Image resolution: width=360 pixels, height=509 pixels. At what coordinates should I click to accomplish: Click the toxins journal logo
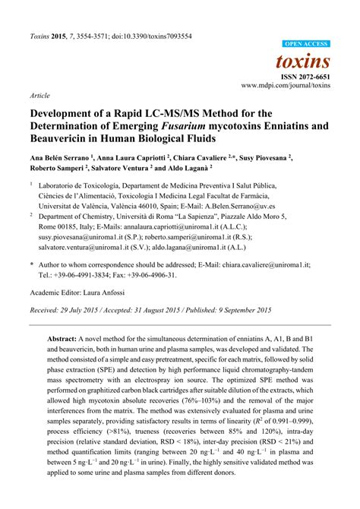[305, 61]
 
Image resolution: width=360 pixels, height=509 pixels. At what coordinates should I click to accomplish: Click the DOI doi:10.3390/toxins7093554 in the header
[147, 36]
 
